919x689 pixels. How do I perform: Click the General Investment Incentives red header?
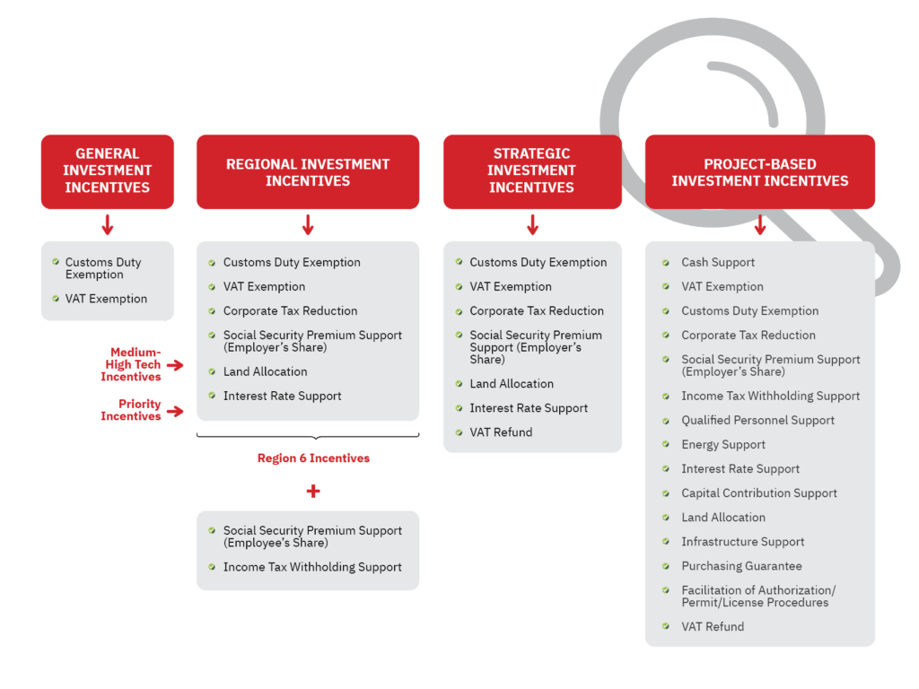[x=108, y=171]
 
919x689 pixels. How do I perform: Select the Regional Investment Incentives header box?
[x=308, y=171]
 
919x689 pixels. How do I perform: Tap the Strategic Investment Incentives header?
[x=532, y=171]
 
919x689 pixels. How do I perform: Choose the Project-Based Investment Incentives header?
[x=759, y=171]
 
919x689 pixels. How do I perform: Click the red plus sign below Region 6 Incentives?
[x=313, y=491]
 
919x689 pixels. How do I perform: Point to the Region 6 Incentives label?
[x=313, y=458]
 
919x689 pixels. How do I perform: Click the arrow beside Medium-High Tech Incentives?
[x=175, y=365]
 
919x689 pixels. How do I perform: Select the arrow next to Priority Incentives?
[x=175, y=411]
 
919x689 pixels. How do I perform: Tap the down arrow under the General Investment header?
[x=108, y=224]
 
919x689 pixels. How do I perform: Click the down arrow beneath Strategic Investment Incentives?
[x=532, y=224]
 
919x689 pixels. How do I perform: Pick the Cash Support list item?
[x=718, y=263]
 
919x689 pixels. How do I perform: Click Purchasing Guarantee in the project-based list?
[x=741, y=566]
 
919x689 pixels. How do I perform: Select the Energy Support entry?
[x=723, y=445]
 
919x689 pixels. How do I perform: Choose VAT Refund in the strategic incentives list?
[x=501, y=432]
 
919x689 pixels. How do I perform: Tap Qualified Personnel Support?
[x=757, y=420]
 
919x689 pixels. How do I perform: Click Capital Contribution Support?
[x=759, y=493]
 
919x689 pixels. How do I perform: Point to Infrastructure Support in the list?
[x=742, y=542]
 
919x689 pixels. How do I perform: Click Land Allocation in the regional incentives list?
[x=265, y=371]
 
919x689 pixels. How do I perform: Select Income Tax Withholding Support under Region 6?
[x=312, y=567]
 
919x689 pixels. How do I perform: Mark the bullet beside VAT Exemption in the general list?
[x=56, y=299]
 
